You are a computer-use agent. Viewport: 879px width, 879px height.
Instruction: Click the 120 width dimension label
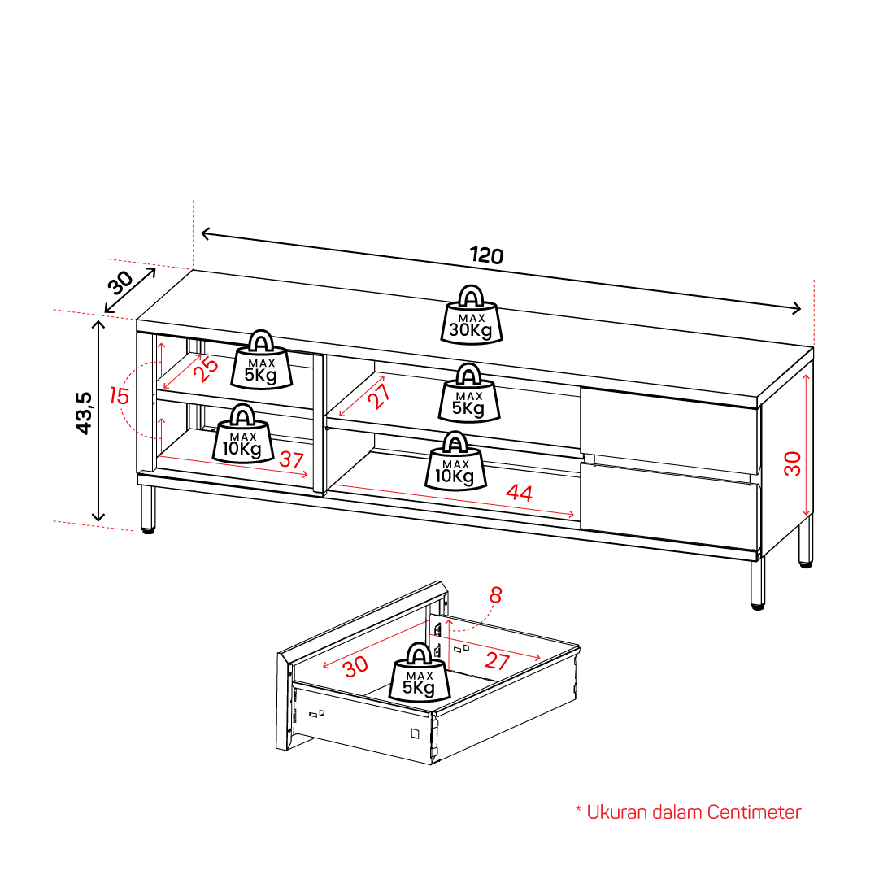(x=486, y=255)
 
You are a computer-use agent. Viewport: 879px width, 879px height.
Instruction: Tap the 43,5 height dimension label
(x=84, y=413)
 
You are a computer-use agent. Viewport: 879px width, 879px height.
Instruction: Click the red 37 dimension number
(x=291, y=460)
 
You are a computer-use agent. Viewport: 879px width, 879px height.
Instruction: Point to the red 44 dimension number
(x=519, y=493)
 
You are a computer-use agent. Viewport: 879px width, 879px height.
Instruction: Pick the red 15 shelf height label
(x=120, y=396)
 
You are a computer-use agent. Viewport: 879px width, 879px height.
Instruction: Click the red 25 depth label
(x=206, y=369)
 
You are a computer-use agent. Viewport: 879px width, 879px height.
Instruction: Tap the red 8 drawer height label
(x=495, y=594)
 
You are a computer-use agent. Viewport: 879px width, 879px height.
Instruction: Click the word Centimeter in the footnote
(x=754, y=812)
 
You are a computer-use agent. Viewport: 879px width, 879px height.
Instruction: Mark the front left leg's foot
(x=148, y=529)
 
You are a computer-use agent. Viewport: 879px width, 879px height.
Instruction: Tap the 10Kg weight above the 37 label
(x=243, y=433)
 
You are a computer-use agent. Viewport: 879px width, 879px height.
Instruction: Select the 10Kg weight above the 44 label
(x=455, y=461)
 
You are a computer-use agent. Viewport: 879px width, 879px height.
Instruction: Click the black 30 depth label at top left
(x=120, y=282)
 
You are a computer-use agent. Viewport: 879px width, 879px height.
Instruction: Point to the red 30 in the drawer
(x=355, y=667)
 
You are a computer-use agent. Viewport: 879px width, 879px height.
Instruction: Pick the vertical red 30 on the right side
(x=793, y=463)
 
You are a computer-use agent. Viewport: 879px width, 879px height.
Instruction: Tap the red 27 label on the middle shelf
(x=380, y=396)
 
